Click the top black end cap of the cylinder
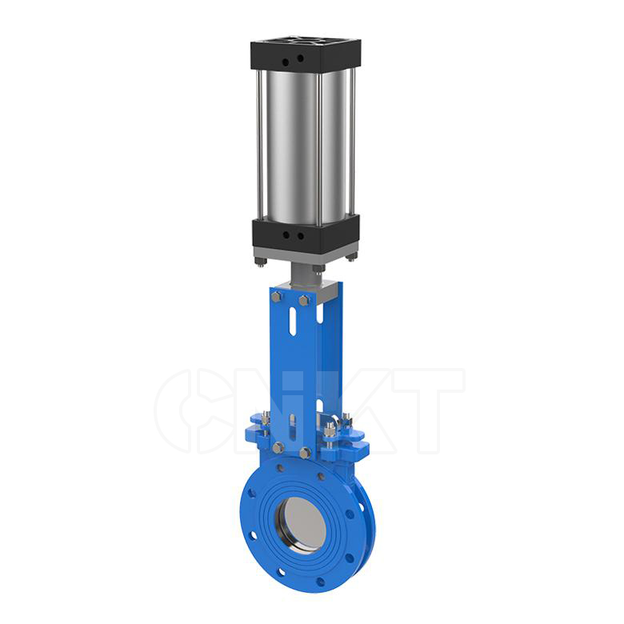(x=306, y=55)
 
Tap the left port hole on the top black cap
(x=286, y=62)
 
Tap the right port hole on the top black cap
(x=300, y=58)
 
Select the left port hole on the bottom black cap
(x=286, y=235)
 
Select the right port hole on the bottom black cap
(x=301, y=236)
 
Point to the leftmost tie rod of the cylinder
(x=260, y=146)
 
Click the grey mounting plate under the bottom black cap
(x=306, y=254)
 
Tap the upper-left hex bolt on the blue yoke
(x=277, y=296)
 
